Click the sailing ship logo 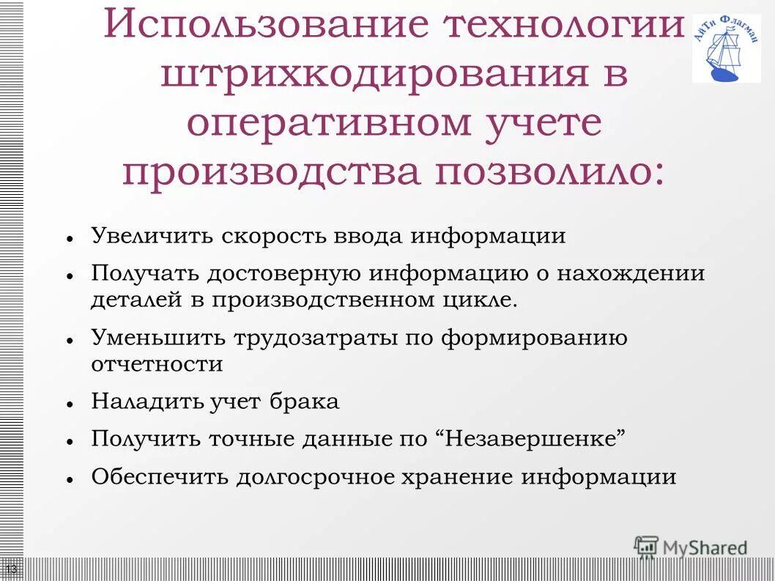[726, 48]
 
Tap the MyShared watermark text [704, 547]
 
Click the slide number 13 [12, 569]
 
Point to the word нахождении [631, 273]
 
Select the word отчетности [157, 364]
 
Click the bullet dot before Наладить [67, 404]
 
